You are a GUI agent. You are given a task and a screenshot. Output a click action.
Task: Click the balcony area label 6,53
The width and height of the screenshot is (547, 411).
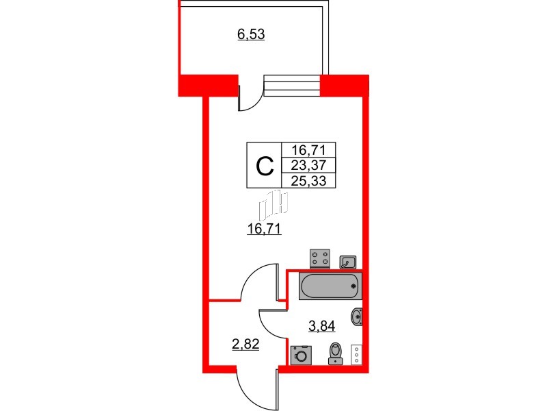251,35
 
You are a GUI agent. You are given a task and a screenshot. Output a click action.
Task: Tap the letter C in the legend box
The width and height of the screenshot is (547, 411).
265,166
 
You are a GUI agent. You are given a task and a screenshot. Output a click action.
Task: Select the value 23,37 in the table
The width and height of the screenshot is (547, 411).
308,165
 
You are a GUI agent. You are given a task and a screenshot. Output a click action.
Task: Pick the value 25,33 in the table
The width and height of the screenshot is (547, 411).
308,181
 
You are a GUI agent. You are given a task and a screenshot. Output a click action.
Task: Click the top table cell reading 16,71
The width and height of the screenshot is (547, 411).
308,150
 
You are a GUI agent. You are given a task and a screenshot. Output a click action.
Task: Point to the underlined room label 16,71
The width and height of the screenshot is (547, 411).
264,229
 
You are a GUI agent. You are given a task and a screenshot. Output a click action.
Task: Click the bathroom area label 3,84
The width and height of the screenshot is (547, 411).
321,326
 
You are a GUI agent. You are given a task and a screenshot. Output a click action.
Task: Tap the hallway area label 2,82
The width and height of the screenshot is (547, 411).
245,345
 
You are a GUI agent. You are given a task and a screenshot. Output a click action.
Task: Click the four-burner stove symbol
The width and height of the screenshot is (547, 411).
320,259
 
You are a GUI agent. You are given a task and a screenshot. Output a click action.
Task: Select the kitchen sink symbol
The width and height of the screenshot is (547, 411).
348,262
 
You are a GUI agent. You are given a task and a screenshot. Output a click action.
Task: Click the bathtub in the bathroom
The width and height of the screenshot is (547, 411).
330,286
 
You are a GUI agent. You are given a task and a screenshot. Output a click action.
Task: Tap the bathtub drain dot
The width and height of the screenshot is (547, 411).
353,286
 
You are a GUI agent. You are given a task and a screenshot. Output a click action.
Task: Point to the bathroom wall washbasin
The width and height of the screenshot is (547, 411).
356,316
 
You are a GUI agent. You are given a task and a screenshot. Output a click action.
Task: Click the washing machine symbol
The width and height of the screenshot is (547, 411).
301,355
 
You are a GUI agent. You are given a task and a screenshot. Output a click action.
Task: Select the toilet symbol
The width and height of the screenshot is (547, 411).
336,353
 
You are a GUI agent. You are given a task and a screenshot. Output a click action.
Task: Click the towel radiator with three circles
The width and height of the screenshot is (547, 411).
356,354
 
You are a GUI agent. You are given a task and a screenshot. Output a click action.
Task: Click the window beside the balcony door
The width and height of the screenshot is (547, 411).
292,86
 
